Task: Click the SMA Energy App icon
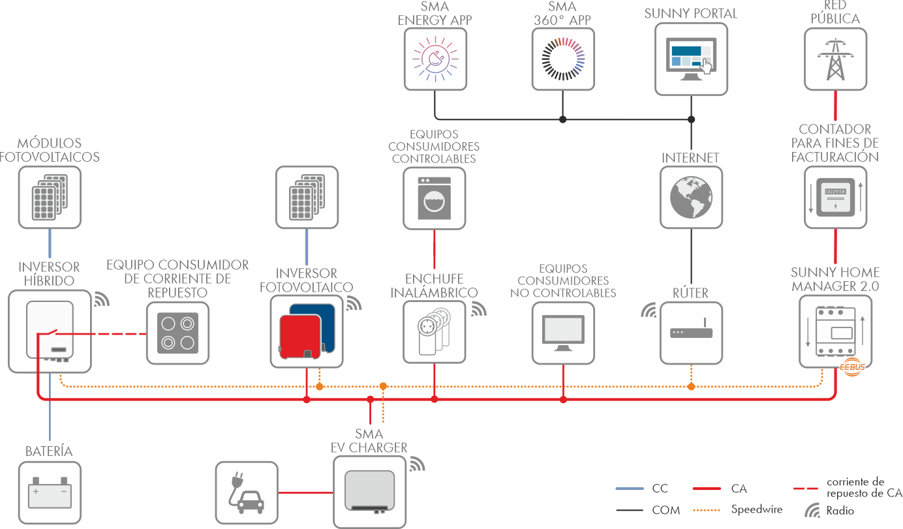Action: click(435, 58)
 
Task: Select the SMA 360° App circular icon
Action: click(563, 58)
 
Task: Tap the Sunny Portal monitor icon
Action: click(691, 58)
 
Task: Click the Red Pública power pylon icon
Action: click(836, 58)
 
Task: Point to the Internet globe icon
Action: click(691, 197)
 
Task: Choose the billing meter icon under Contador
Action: click(836, 197)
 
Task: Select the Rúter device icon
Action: click(691, 333)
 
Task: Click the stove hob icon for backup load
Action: click(178, 333)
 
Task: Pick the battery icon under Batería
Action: click(50, 493)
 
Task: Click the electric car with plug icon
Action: click(246, 493)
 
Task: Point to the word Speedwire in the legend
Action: click(757, 509)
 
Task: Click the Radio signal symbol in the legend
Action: click(812, 510)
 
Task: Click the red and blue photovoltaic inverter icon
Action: click(306, 331)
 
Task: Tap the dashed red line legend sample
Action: click(806, 488)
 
